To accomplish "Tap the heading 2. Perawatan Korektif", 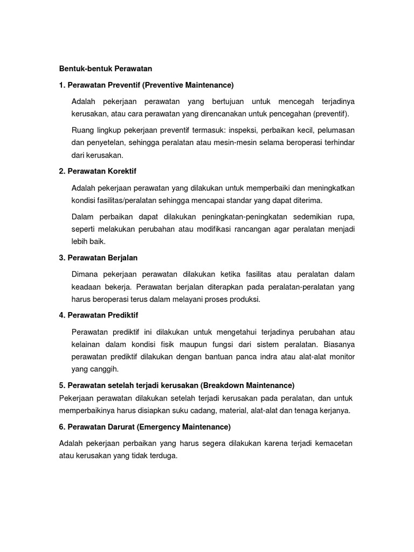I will pyautogui.click(x=98, y=171).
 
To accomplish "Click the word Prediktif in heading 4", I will pyautogui.click(x=123, y=315).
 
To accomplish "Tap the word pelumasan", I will pyautogui.click(x=335, y=130).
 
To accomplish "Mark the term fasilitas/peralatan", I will pyautogui.click(x=125, y=201).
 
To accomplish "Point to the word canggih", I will pyautogui.click(x=105, y=369).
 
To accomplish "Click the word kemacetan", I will pyautogui.click(x=333, y=444).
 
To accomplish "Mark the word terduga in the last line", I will pyautogui.click(x=164, y=456).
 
